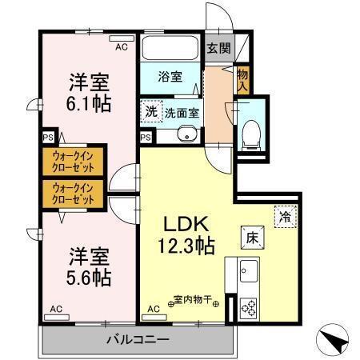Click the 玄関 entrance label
tap(218, 47)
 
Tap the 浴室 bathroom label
tap(170, 78)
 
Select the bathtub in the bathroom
tap(170, 47)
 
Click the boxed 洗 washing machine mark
tap(151, 112)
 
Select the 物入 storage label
tap(242, 81)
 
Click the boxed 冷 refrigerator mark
tap(284, 216)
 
